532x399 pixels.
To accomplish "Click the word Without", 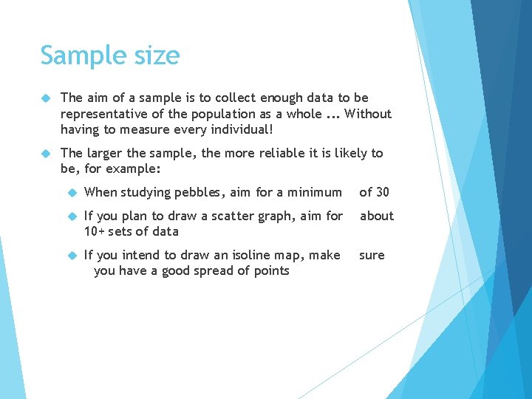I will [368, 114].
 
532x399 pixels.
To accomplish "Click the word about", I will [377, 216].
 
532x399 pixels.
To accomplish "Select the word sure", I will [372, 255].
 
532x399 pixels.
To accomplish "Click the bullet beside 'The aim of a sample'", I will [45, 98].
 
